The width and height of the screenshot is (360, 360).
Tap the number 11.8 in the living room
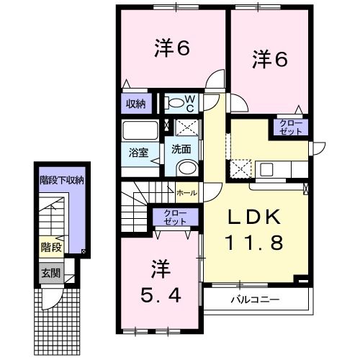pos(255,243)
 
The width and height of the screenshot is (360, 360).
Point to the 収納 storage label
pos(137,104)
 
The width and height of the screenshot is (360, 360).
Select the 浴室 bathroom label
pos(138,153)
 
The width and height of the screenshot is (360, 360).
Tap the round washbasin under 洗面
pos(186,169)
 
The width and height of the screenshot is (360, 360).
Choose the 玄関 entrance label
pos(50,273)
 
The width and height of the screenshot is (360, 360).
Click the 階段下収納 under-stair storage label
pos(61,181)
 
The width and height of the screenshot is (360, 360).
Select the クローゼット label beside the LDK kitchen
pos(288,129)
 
